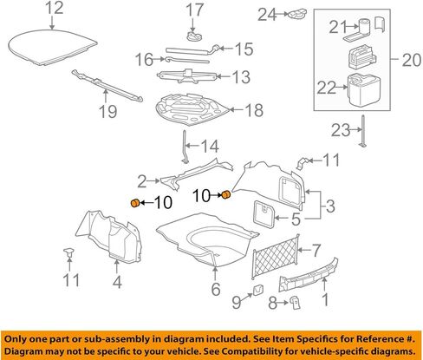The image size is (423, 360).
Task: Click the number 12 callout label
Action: point(55,9)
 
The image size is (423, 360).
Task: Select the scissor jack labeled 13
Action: point(186,76)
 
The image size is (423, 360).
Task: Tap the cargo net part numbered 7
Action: point(276,256)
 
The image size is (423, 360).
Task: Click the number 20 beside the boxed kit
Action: point(412,60)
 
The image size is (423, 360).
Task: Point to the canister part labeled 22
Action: point(364,89)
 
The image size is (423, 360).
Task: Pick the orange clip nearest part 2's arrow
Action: point(134,203)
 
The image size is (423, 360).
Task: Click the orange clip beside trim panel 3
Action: point(226,195)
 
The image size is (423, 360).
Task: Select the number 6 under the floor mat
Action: point(216,289)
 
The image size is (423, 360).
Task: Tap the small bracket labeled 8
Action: point(295,303)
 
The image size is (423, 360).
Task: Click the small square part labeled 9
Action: point(258,290)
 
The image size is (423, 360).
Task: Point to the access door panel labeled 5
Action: point(264,214)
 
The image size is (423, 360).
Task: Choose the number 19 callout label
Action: point(107,111)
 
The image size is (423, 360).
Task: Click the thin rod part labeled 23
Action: point(363,131)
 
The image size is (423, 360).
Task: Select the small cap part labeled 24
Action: point(296,14)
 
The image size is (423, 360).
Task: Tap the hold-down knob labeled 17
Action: point(194,36)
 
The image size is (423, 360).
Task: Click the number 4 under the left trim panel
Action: point(117,282)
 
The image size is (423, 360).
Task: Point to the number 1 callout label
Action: point(326,299)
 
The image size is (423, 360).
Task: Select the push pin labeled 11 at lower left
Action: point(68,252)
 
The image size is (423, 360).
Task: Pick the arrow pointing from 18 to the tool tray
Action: point(237,110)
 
